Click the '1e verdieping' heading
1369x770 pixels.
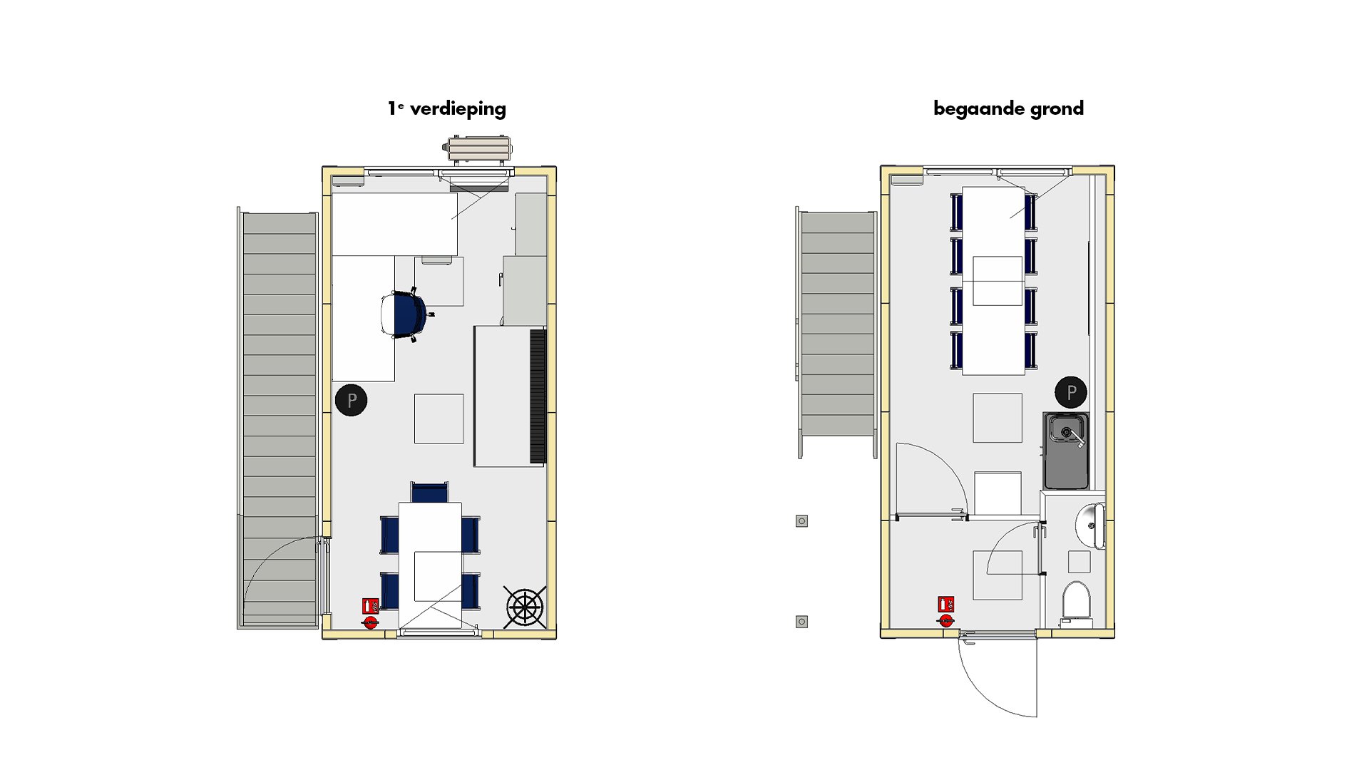pos(447,108)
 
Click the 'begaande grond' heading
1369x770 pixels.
pos(1008,108)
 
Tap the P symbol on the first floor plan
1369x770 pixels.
pos(351,400)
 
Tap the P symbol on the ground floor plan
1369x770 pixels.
pos(1071,392)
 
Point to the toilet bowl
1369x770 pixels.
pos(1076,601)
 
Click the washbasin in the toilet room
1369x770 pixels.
pos(1091,526)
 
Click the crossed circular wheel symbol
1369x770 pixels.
pos(525,607)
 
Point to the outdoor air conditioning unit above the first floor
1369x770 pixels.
pos(478,150)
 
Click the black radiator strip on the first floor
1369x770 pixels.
pos(538,396)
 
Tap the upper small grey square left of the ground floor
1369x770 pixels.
pos(801,521)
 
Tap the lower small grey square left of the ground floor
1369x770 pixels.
pos(801,622)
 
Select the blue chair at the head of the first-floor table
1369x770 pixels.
pos(430,492)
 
